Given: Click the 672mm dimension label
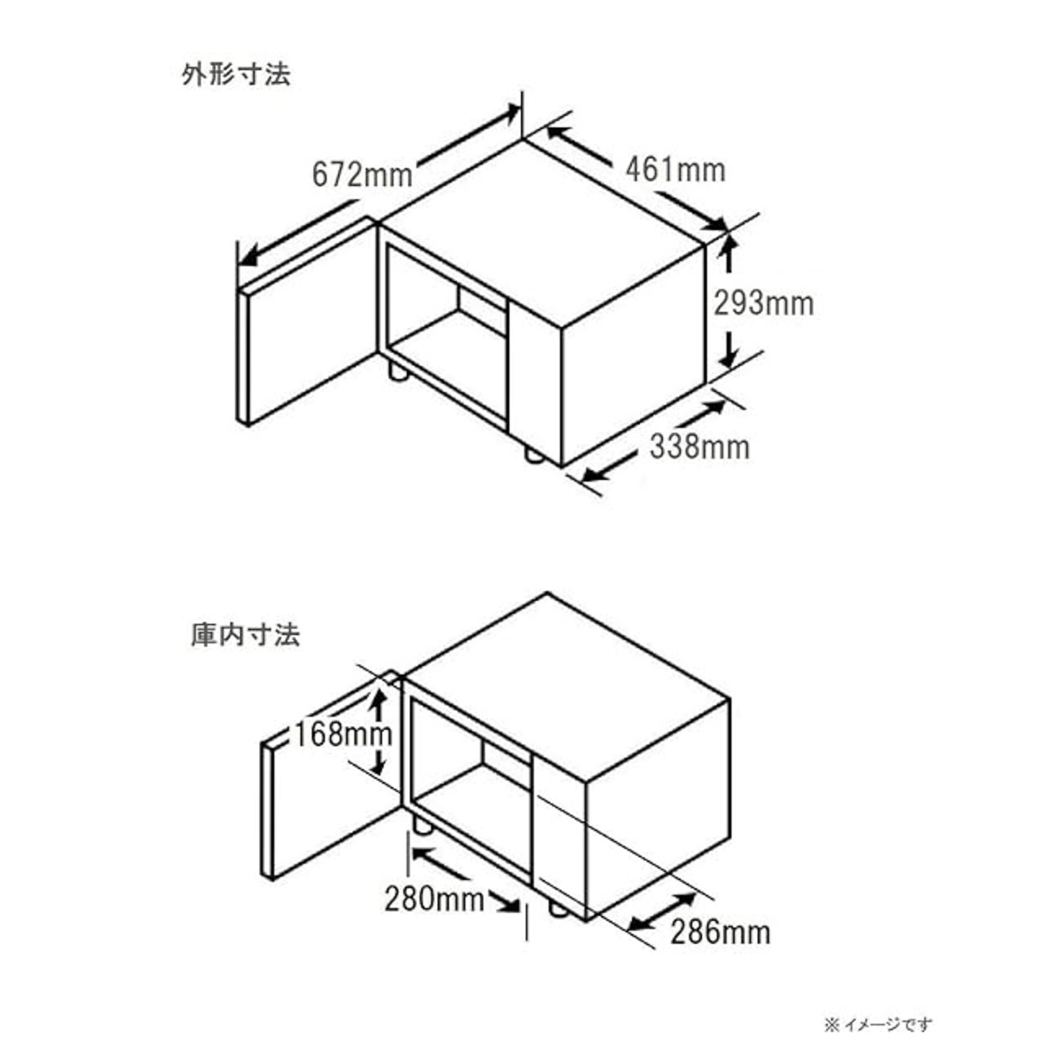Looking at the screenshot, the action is [362, 174].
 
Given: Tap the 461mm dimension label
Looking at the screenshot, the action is [675, 170].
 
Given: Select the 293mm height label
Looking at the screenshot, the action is [764, 303].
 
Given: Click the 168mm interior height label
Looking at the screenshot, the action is [344, 734].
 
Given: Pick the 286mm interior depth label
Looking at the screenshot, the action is [721, 932].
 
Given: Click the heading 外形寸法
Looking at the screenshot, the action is [236, 75].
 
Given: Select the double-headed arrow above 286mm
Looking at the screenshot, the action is [664, 910].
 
